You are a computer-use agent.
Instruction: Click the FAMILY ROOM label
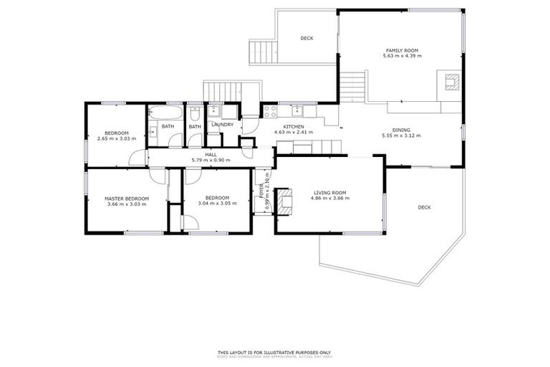pos(400,50)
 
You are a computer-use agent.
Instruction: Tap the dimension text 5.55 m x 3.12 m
pos(400,135)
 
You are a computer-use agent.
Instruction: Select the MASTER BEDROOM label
pos(126,198)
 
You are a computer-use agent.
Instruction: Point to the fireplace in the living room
pos(285,201)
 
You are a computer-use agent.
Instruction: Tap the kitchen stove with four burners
pos(271,111)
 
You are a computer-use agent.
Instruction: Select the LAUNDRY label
pos(222,125)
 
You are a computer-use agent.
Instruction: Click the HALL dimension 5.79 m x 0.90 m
pos(211,160)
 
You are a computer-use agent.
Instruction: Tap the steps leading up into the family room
pos(352,87)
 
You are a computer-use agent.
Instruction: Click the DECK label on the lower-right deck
pos(424,208)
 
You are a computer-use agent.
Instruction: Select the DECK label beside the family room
pos(307,38)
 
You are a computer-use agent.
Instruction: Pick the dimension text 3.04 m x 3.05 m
pos(217,204)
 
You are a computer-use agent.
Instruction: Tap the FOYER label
pos(261,189)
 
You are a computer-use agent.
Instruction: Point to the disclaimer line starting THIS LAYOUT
pos(274,352)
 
